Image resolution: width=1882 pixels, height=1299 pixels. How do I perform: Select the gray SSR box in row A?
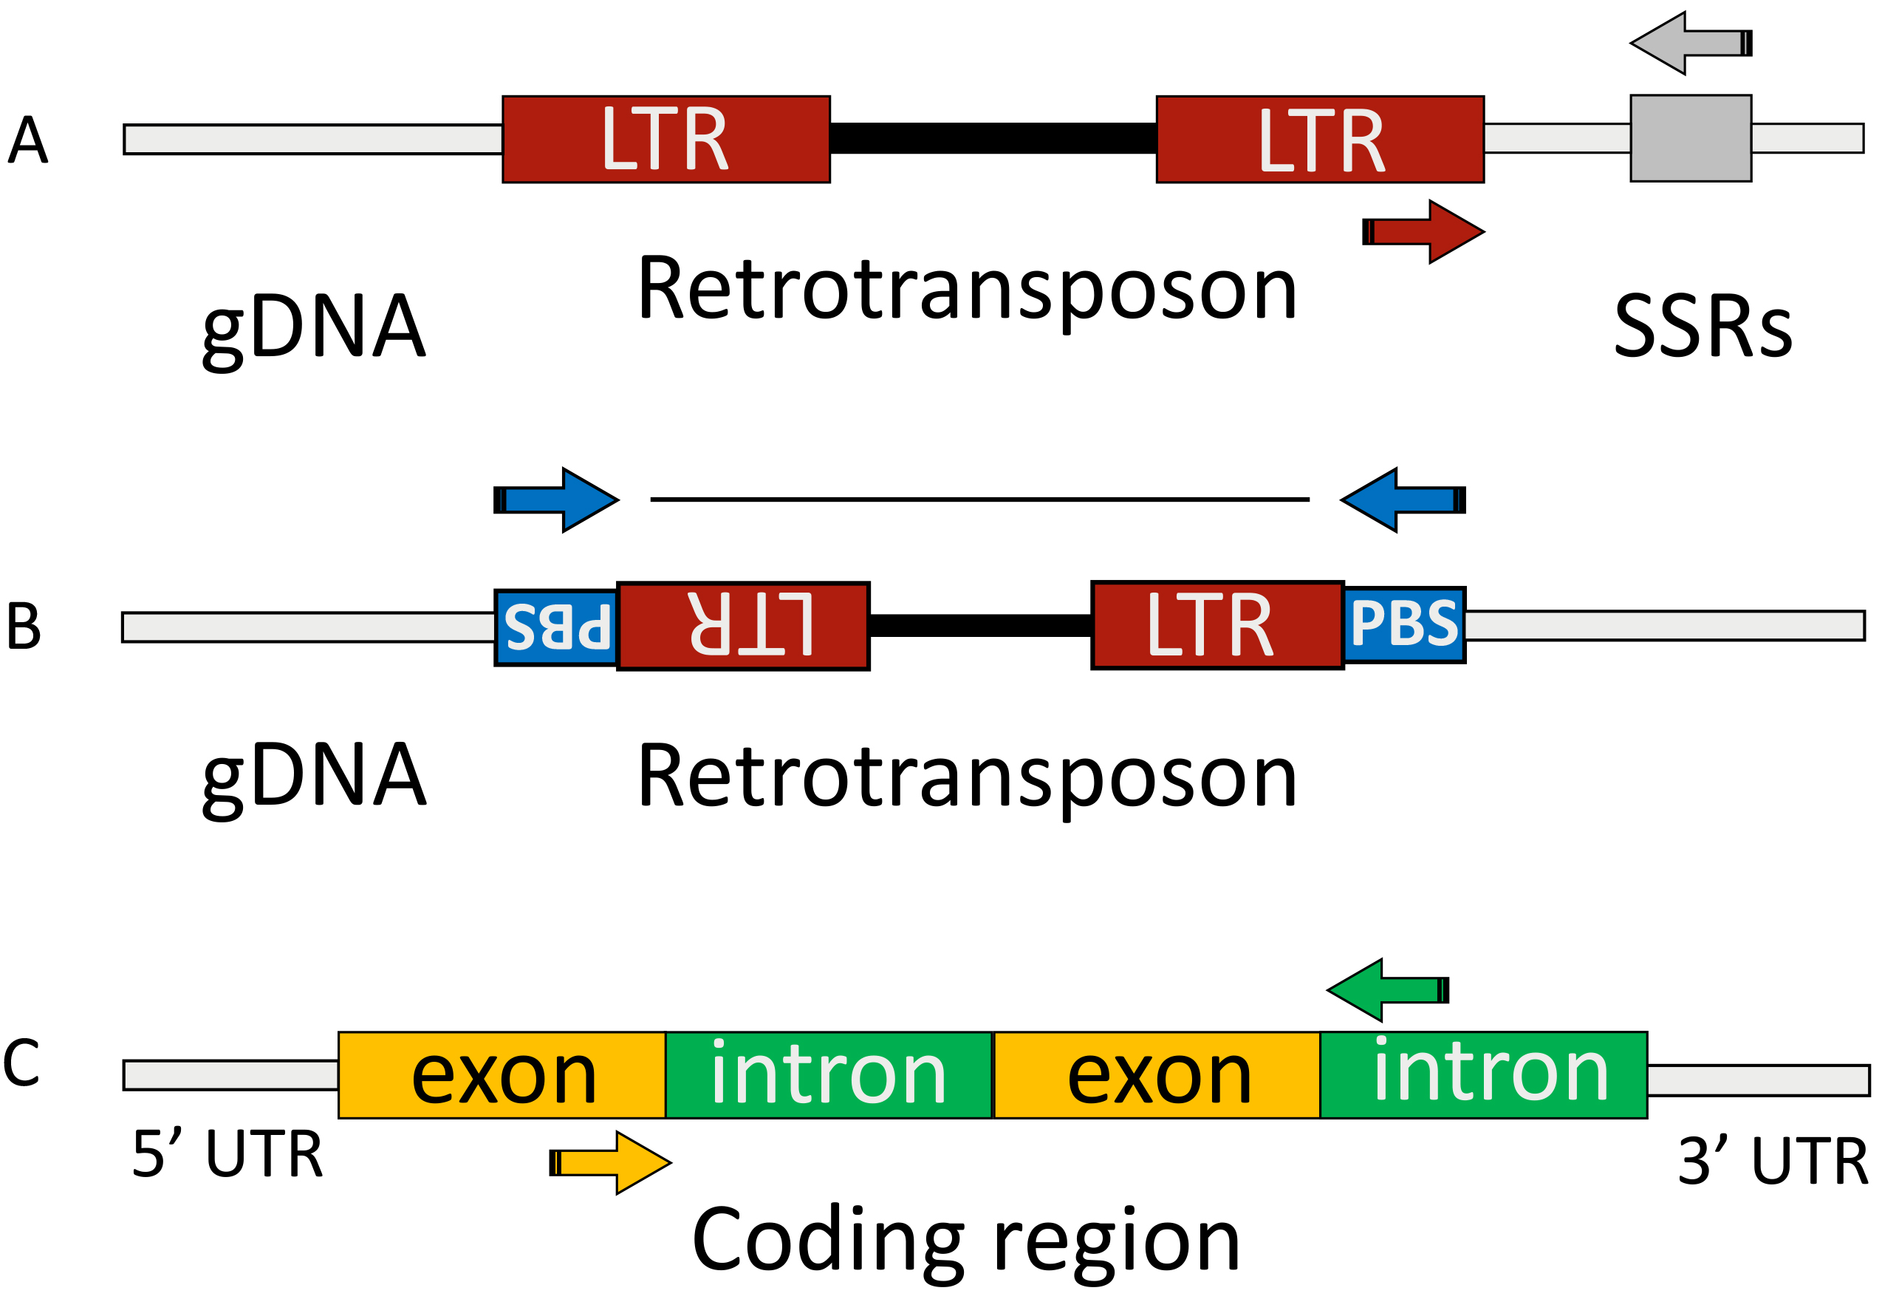1690,138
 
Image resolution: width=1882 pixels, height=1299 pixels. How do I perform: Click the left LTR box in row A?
665,139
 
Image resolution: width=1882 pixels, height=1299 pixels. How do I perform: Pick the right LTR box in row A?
1320,139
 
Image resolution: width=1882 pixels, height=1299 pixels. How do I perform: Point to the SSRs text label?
1703,327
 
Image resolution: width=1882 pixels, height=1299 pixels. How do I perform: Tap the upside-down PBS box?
556,627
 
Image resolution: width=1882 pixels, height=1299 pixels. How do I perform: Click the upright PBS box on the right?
1404,624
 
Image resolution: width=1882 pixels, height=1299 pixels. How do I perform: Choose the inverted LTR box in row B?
743,626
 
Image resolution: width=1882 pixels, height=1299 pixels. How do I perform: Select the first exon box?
502,1075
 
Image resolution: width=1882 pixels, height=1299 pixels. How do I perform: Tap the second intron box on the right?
1483,1075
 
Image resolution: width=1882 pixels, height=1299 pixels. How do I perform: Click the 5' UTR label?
227,1154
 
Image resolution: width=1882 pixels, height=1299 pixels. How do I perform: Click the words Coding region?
966,1240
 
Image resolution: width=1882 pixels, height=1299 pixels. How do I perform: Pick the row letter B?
24,626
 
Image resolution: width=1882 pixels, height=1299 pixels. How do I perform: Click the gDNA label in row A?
313,327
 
